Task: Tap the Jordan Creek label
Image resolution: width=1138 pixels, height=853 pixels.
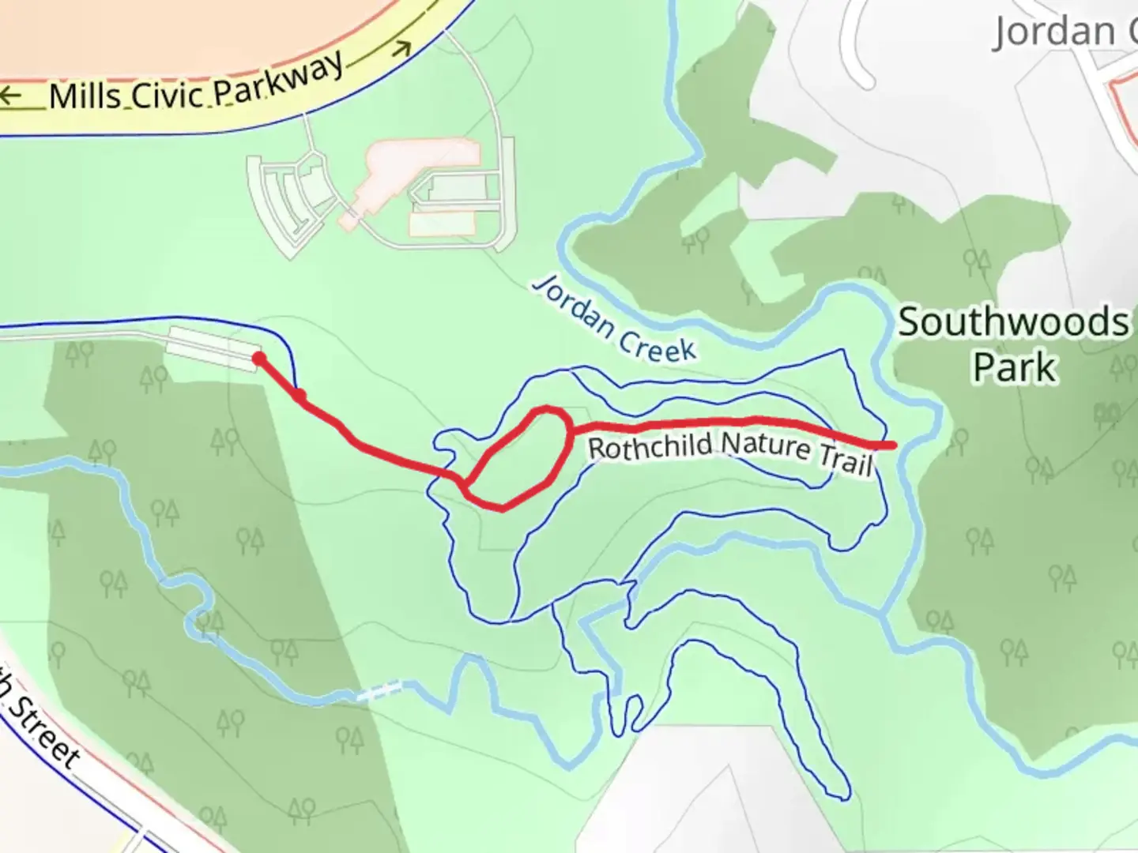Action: coord(614,319)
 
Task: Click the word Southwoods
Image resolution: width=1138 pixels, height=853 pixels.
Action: coord(1013,323)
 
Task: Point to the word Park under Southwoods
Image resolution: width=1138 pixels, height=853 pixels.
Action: coord(1015,368)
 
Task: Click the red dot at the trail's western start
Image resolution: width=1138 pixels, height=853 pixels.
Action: coord(258,360)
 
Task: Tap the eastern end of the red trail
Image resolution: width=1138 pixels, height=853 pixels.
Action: coord(892,445)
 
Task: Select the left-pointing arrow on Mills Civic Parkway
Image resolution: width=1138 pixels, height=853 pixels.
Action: coord(11,96)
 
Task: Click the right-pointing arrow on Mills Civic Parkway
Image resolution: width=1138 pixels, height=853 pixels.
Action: coord(401,49)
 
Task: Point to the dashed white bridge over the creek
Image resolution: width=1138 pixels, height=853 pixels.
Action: coord(379,690)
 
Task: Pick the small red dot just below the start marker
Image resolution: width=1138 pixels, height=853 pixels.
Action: coord(300,394)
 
